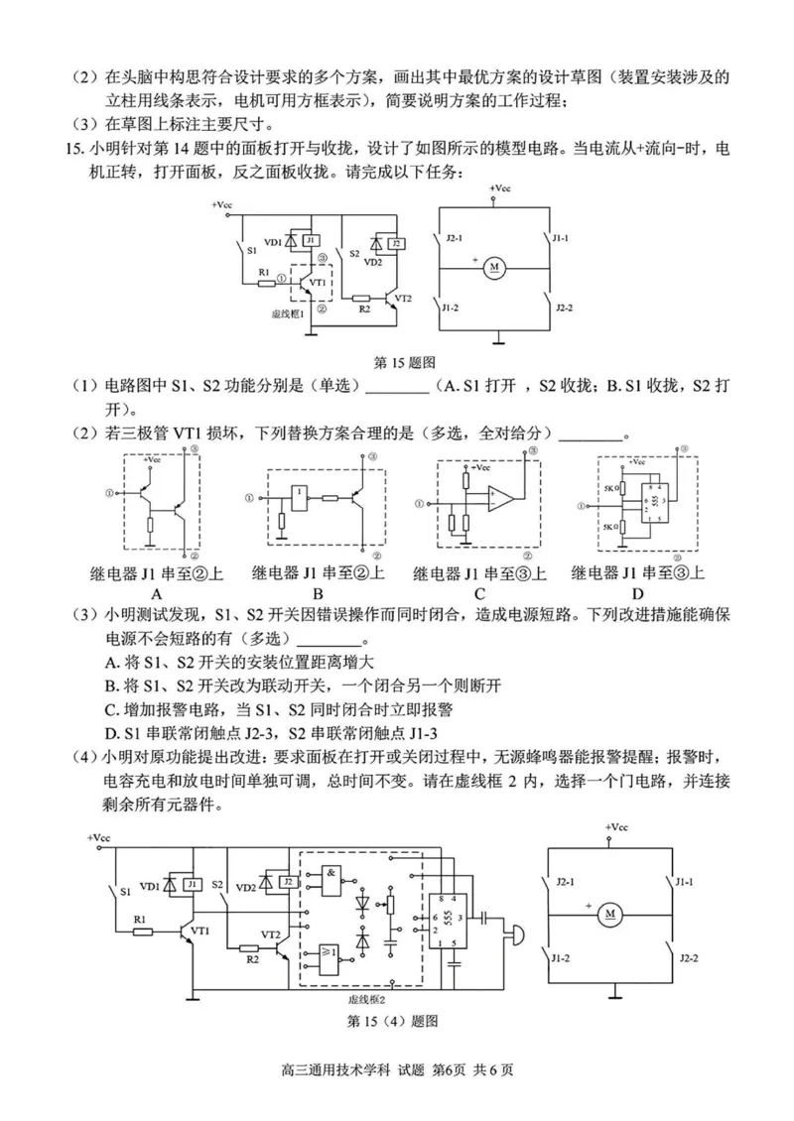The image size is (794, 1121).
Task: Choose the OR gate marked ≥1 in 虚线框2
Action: (329, 953)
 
